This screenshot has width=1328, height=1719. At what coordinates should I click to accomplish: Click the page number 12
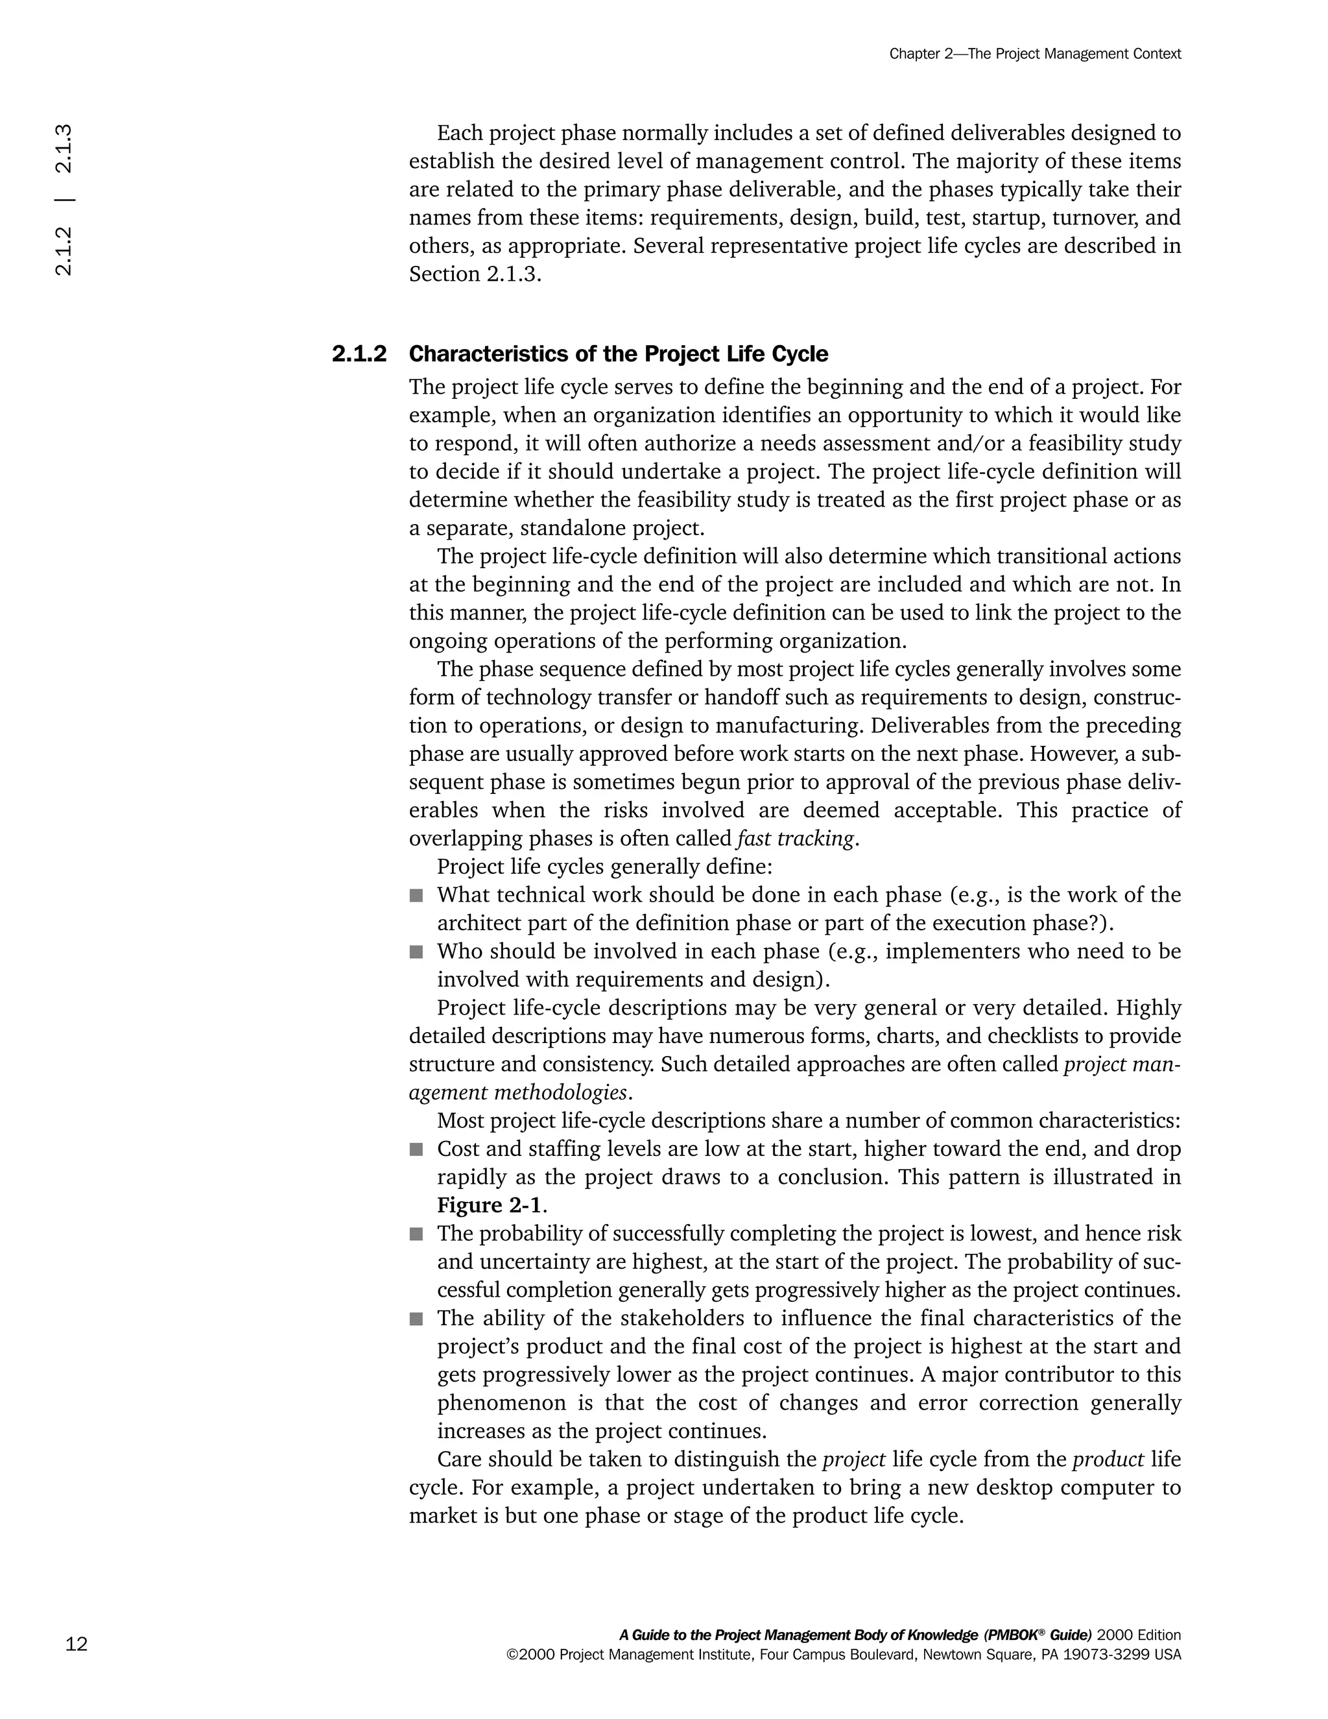tap(77, 1644)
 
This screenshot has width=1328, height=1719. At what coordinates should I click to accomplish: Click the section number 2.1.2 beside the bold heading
tap(359, 354)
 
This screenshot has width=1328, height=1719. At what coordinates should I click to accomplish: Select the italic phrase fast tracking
tap(794, 839)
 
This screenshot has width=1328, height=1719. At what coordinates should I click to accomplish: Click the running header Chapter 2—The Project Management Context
tap(1034, 54)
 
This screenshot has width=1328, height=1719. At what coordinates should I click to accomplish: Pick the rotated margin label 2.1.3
tap(64, 148)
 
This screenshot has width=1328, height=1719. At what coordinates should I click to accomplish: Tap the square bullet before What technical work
tap(416, 896)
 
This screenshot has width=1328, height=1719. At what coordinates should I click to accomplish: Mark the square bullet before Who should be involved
tap(416, 952)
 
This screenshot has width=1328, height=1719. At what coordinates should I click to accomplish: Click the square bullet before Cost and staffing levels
tap(416, 1150)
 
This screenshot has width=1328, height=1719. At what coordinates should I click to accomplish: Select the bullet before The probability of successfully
tap(416, 1234)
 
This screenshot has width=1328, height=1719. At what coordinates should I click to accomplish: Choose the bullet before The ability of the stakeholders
tap(416, 1318)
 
